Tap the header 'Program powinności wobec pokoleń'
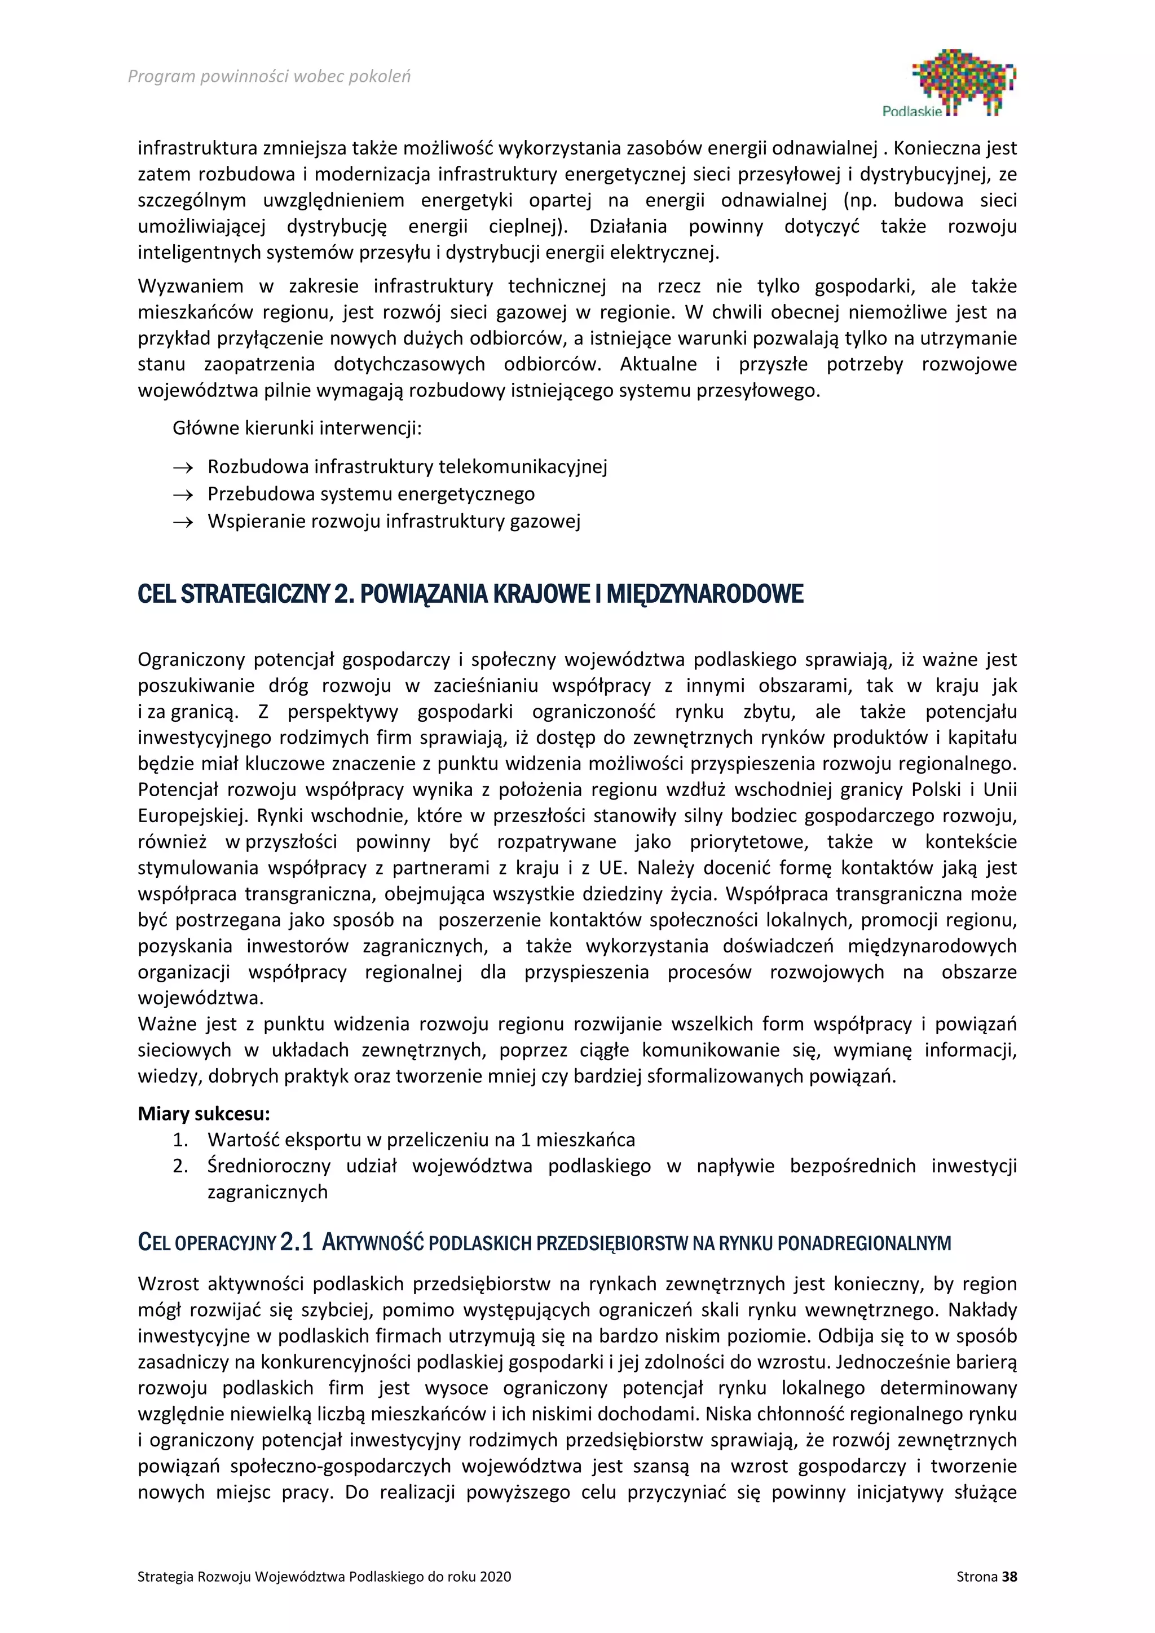(x=269, y=76)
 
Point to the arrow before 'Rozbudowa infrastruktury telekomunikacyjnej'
(x=183, y=468)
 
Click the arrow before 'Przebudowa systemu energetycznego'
(x=183, y=495)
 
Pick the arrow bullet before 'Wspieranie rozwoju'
(x=183, y=523)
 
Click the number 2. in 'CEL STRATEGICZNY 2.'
(x=343, y=594)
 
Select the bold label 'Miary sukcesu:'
(x=204, y=1113)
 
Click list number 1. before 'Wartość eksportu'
(x=180, y=1140)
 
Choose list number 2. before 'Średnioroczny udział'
(x=180, y=1167)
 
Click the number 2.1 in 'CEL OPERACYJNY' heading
(x=297, y=1243)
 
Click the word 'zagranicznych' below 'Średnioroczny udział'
(x=267, y=1192)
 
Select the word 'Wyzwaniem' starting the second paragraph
(x=190, y=286)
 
